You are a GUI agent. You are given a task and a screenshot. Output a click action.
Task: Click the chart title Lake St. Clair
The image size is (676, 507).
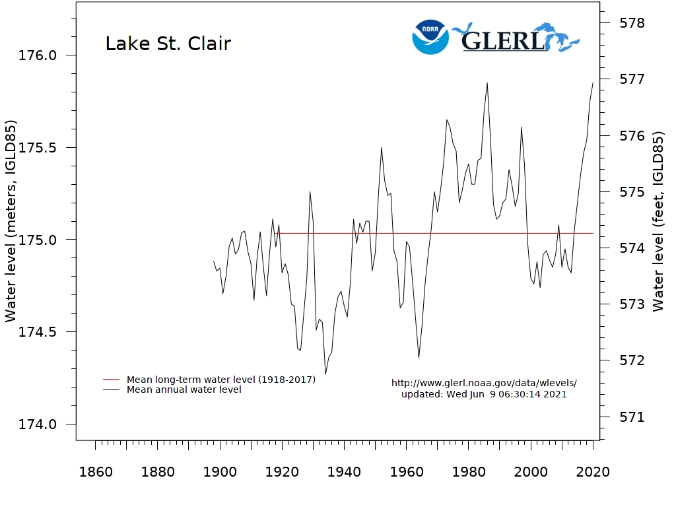tap(168, 44)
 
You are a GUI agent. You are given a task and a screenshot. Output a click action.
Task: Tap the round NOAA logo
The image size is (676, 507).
tap(430, 37)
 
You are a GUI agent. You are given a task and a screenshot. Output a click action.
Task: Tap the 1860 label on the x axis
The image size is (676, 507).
tap(95, 472)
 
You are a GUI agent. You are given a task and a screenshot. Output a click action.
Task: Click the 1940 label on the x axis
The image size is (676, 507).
tap(344, 472)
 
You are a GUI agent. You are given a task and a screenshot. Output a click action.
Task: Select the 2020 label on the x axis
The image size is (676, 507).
tap(593, 472)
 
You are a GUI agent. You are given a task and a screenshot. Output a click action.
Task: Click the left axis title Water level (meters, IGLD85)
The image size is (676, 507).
tap(11, 221)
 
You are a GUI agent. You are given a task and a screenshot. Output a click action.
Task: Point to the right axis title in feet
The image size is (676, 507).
tap(658, 221)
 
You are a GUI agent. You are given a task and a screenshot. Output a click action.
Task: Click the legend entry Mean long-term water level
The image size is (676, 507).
tap(221, 380)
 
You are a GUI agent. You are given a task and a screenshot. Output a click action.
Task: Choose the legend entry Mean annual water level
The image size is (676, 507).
tap(184, 389)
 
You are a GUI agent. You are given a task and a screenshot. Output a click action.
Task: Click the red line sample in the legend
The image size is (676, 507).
tap(112, 380)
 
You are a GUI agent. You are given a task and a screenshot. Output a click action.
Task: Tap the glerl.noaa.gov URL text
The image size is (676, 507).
tap(484, 383)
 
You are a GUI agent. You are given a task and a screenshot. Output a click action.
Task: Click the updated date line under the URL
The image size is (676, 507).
tap(484, 394)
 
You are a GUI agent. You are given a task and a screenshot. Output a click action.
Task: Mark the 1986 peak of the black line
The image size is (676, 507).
tap(487, 83)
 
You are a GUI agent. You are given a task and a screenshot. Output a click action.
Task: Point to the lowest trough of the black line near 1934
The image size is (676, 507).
tap(325, 374)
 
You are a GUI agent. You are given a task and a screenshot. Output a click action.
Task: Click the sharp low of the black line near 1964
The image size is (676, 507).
tap(419, 358)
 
